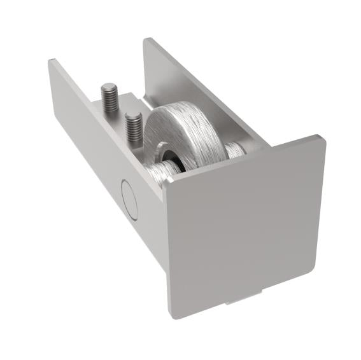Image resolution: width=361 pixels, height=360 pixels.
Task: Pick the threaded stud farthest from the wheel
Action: (x=109, y=99)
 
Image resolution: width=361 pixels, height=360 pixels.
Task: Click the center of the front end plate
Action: (x=245, y=226)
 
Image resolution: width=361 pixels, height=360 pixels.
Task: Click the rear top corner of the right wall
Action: (x=148, y=39)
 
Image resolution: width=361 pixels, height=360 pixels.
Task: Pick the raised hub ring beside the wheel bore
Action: (x=164, y=153)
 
